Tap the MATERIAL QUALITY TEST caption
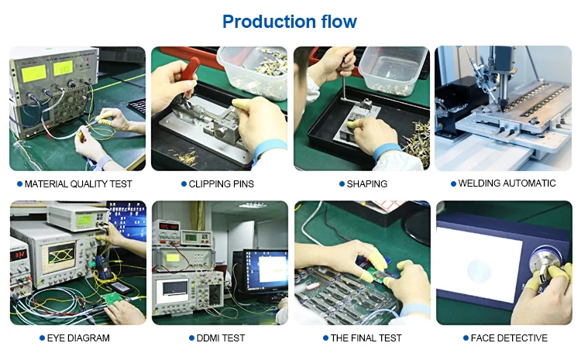click(x=78, y=184)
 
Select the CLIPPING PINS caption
click(x=222, y=184)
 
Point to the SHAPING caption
click(x=367, y=184)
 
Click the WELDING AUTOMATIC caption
click(x=507, y=183)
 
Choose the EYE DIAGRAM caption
click(x=78, y=338)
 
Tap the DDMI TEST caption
click(x=221, y=338)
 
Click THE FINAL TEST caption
click(x=366, y=338)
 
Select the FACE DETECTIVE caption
click(x=509, y=338)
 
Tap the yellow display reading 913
click(x=63, y=69)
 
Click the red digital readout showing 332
click(x=18, y=255)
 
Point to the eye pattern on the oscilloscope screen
click(x=60, y=255)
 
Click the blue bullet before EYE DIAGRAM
click(x=43, y=338)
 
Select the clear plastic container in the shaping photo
click(x=394, y=70)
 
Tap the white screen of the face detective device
click(x=479, y=265)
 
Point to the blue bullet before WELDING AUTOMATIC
click(x=453, y=183)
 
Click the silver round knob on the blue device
click(x=542, y=260)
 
